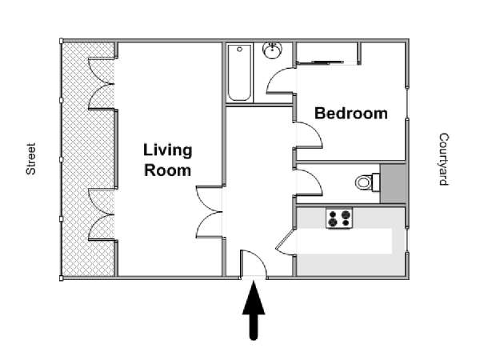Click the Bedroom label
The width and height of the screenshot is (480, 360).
click(351, 114)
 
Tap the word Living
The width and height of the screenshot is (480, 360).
click(168, 150)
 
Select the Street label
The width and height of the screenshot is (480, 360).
click(31, 159)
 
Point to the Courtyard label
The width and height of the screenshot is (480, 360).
click(444, 159)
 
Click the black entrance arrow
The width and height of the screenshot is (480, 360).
click(254, 310)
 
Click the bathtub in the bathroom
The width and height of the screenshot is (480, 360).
click(240, 73)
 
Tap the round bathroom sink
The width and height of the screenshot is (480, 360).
click(272, 50)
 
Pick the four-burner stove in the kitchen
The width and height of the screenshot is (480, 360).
click(339, 218)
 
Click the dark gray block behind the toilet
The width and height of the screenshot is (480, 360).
click(393, 183)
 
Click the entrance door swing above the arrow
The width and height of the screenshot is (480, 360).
click(253, 264)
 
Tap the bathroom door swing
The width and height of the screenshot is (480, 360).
click(281, 81)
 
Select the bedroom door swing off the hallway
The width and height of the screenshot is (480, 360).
click(307, 135)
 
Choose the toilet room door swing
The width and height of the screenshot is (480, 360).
click(307, 182)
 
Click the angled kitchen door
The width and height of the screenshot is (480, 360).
click(286, 242)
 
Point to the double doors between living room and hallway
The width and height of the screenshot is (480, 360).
click(209, 211)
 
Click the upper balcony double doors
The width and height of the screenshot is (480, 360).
click(102, 83)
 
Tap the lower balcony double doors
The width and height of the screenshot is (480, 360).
click(102, 214)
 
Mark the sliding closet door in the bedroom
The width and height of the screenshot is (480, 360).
click(327, 62)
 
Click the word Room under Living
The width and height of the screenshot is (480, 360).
click(168, 170)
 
